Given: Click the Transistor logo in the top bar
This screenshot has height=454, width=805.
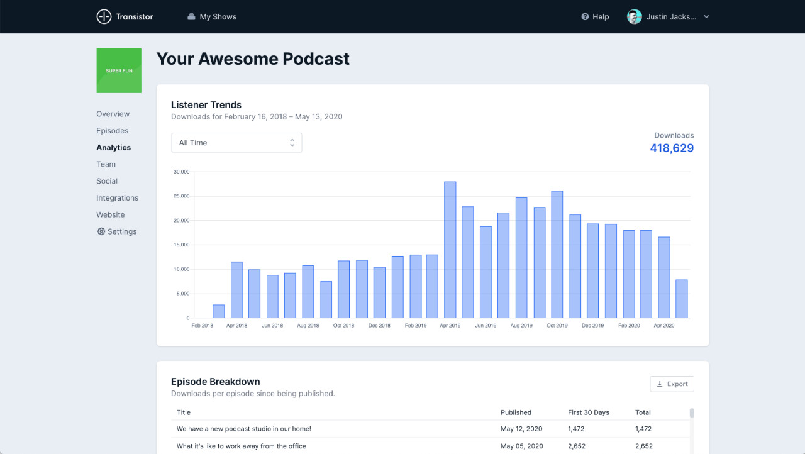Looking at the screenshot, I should click(125, 17).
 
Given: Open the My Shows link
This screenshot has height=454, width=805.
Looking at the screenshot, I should click(212, 17).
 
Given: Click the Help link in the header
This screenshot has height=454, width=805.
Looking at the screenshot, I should click(595, 17).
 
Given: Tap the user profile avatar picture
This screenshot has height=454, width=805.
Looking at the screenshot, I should click(634, 17).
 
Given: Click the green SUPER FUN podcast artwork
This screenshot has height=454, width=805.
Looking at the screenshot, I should click(119, 70).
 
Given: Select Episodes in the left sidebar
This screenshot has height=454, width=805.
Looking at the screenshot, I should click(112, 131).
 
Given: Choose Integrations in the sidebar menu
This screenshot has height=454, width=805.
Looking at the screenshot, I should click(117, 198).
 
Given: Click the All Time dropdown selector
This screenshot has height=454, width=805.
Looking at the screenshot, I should click(236, 143).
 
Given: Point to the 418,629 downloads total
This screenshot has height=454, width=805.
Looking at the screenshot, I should click(672, 148).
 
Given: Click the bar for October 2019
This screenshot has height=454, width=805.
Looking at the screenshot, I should click(557, 254).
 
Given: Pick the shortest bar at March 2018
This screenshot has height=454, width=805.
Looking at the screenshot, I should click(218, 311).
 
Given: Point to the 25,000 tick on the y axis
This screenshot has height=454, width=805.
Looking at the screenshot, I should click(181, 196).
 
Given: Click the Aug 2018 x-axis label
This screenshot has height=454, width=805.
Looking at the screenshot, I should click(308, 326).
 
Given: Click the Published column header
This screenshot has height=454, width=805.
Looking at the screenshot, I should click(516, 412).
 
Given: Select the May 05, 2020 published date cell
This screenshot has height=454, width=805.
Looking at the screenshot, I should click(521, 446).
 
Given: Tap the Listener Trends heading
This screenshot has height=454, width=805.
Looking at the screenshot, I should click(206, 105).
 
